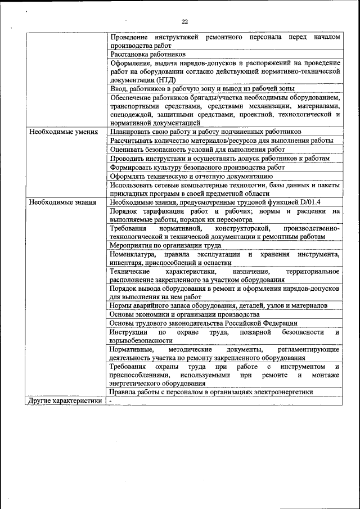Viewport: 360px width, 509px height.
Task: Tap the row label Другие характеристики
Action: tap(65, 401)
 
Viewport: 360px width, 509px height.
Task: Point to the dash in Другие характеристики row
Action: tap(111, 401)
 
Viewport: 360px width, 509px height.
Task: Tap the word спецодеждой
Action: tap(132, 114)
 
